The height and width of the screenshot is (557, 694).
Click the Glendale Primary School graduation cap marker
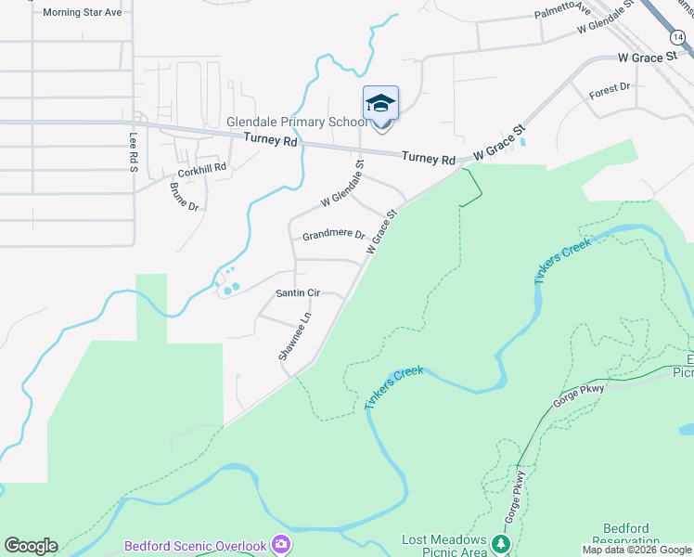380,102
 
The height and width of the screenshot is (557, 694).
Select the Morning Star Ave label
82,13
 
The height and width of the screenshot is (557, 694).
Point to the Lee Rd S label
134,151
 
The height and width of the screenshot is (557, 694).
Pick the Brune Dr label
184,194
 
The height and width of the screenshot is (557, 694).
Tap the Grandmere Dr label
333,236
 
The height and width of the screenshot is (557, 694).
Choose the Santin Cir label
298,293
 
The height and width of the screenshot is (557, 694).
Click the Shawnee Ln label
293,336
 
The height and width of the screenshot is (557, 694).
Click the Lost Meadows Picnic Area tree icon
501,543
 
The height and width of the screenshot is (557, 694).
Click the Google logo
31,546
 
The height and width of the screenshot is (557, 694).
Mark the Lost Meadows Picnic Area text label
444,546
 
